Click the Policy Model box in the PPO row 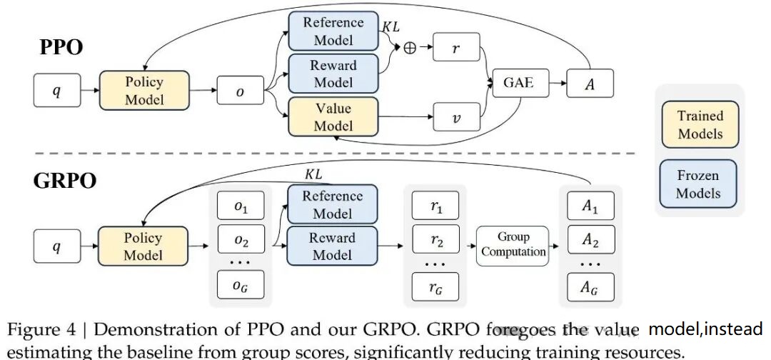[144, 91]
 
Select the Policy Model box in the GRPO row [143, 246]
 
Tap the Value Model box [333, 117]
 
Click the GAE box [518, 84]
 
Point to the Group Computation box [513, 245]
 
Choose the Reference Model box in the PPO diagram [333, 31]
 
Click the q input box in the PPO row [57, 92]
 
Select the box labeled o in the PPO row [240, 92]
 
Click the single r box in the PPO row [455, 49]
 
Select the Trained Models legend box [700, 124]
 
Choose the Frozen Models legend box [698, 184]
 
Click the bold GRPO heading [64, 181]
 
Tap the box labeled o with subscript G [240, 285]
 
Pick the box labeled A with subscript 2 [590, 240]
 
